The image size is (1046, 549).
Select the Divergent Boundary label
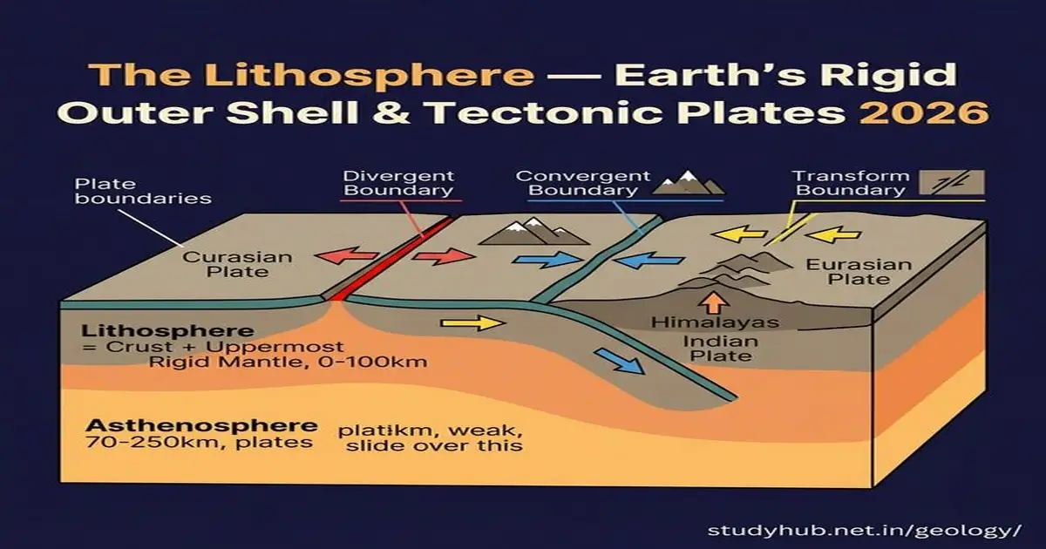coord(397,183)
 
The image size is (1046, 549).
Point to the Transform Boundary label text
coord(838,183)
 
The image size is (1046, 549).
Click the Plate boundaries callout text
coord(143,191)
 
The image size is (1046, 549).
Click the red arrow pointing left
coord(342,256)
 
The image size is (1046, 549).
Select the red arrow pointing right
coord(444,256)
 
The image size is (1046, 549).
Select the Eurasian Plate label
coord(846,272)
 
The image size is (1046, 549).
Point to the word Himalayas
coord(715,323)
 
